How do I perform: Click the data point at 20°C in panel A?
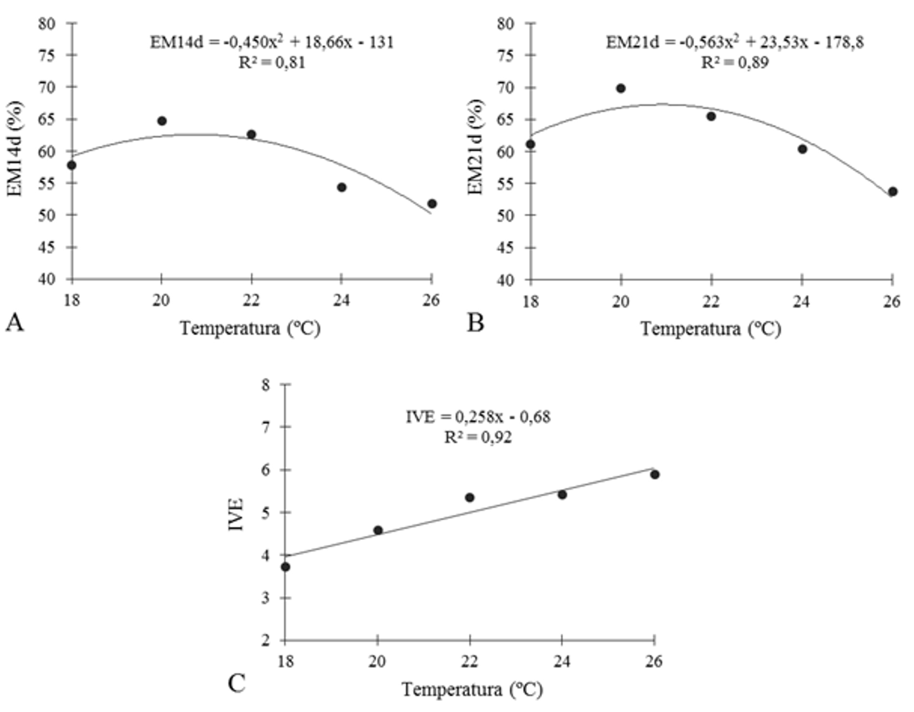pyautogui.click(x=162, y=121)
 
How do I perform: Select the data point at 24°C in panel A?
pyautogui.click(x=342, y=187)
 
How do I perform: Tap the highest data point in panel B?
pyautogui.click(x=621, y=89)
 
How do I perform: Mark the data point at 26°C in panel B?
pyautogui.click(x=892, y=192)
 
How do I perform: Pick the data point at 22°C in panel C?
pyautogui.click(x=470, y=498)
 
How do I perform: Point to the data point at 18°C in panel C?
pyautogui.click(x=286, y=567)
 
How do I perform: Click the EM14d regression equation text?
pyautogui.click(x=272, y=42)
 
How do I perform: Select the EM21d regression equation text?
pyautogui.click(x=734, y=42)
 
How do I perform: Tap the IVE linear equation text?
pyautogui.click(x=478, y=417)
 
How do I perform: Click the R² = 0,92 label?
pyautogui.click(x=478, y=437)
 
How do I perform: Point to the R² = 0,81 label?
pyautogui.click(x=272, y=63)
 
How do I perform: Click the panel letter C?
pyautogui.click(x=236, y=684)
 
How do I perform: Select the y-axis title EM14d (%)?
pyautogui.click(x=15, y=148)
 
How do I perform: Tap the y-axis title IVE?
pyautogui.click(x=236, y=514)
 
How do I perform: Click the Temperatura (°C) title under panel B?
pyautogui.click(x=710, y=329)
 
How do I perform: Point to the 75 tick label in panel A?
pyautogui.click(x=47, y=55)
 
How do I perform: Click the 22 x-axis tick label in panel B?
pyautogui.click(x=711, y=302)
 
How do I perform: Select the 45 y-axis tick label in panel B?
pyautogui.click(x=506, y=248)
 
